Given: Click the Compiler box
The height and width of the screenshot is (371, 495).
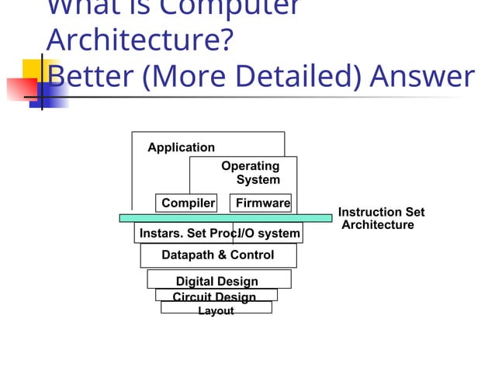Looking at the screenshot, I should coord(186,203).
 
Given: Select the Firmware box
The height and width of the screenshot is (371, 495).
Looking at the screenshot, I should coord(261,203).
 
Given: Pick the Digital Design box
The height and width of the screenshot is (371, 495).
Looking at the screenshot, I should coord(218,280).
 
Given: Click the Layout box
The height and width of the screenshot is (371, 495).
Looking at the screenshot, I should coord(216,310).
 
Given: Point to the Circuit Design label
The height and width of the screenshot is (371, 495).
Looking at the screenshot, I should coord(214,296).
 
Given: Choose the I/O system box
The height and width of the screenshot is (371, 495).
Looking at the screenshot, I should coord(268,233).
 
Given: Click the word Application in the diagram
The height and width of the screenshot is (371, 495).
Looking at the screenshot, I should coord(182,147).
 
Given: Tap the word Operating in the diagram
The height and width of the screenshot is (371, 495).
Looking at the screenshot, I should coord(250,166).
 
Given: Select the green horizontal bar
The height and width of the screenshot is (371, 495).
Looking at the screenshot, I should coord(225,218).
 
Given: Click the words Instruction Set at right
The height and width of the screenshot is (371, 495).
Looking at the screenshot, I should coord(381,212).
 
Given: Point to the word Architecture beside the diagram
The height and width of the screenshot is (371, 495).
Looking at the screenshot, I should coord(378,225).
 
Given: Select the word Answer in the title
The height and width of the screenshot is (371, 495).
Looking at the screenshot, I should coord(422,76).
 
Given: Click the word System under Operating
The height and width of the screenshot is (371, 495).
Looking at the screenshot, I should coord(258,180).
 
